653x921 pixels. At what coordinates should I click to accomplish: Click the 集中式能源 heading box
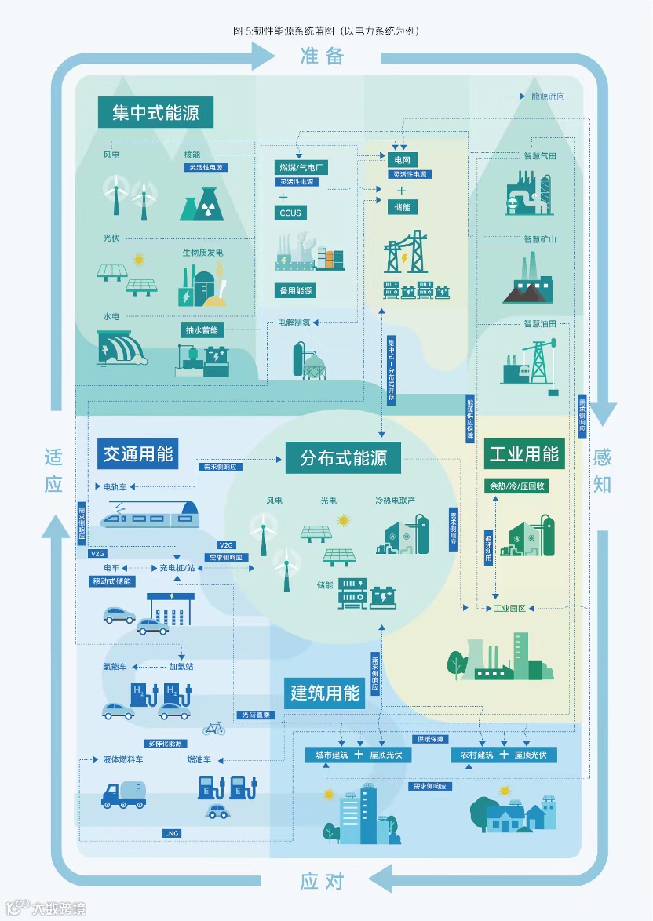pos(156,112)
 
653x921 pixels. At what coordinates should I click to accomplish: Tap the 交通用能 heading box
pos(139,453)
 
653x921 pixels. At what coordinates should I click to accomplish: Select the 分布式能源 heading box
pos(343,457)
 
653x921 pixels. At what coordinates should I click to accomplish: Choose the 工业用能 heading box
pos(523,453)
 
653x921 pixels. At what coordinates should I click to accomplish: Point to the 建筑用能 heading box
pos(325,693)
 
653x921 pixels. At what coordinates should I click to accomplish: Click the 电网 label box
pos(403,160)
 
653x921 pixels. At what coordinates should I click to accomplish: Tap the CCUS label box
pos(290,213)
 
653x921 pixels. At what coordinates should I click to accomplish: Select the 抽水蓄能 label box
pos(202,329)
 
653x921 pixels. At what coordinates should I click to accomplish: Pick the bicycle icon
pos(213,729)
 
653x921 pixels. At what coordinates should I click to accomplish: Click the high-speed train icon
pos(149,512)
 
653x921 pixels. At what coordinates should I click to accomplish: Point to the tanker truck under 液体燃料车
pos(123,793)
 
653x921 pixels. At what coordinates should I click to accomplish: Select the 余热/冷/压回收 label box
pos(516,486)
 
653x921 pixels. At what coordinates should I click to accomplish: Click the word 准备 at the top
pos(322,56)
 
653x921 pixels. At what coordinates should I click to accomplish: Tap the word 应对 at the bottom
pos(322,881)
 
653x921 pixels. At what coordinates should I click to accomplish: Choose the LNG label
pos(171,832)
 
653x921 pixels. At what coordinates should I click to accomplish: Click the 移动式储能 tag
pos(111,581)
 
